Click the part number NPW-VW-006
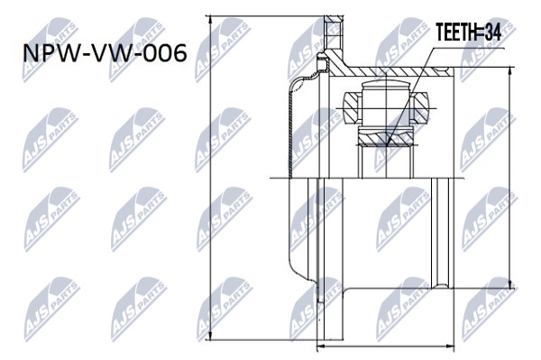105,53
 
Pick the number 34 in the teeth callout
492,32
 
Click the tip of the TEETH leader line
388,144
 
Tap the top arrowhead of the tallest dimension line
210,20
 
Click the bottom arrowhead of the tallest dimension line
210,336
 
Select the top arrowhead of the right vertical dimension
510,71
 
